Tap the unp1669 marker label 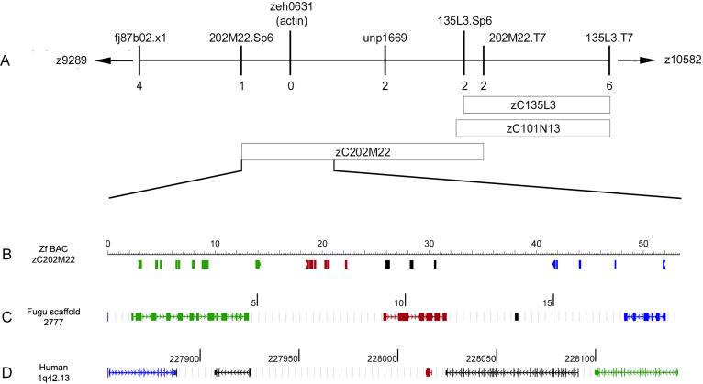pyautogui.click(x=385, y=38)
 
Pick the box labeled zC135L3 pyautogui.click(x=537, y=104)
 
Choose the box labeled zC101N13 pyautogui.click(x=533, y=128)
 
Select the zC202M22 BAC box pyautogui.click(x=362, y=151)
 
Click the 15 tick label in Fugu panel pyautogui.click(x=547, y=301)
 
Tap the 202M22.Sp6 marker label pyautogui.click(x=240, y=38)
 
